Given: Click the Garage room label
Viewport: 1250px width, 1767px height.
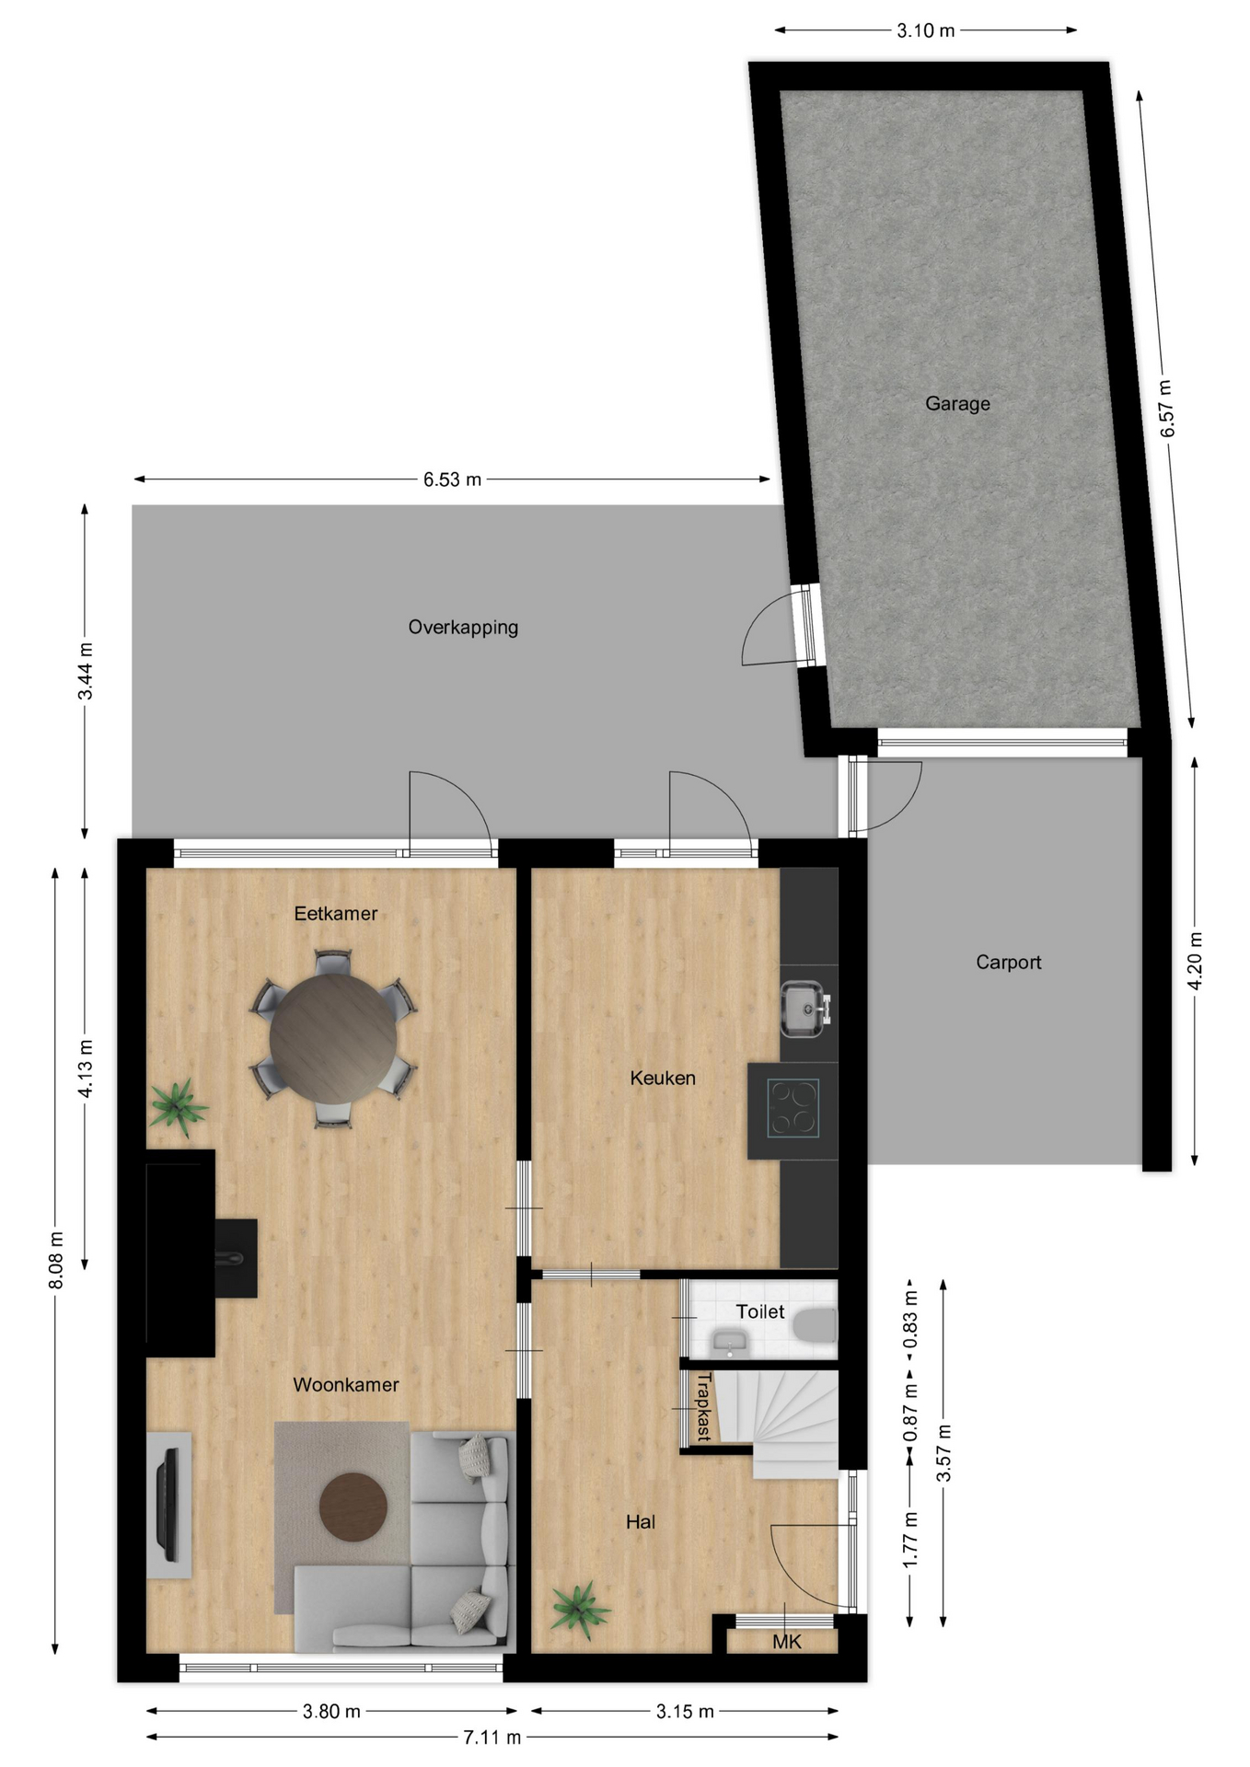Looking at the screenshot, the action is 957,403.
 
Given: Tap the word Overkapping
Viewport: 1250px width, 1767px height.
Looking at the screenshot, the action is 463,627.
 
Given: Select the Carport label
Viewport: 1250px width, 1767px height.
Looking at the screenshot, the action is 1008,962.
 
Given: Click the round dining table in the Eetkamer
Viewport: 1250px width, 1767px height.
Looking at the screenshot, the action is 333,1037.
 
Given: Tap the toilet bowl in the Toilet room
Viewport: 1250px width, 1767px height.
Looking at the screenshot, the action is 816,1326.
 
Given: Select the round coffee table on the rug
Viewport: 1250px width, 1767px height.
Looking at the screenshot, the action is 353,1507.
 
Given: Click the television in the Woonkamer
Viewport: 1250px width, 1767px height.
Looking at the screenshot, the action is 168,1504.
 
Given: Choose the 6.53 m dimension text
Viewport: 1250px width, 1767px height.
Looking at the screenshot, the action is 452,479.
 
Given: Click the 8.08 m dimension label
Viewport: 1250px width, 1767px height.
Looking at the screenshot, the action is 56,1260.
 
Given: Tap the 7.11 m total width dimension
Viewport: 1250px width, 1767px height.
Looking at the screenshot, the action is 492,1738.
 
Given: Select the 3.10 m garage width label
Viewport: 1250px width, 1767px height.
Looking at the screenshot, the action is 926,30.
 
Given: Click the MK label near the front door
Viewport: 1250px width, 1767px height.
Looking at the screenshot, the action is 787,1642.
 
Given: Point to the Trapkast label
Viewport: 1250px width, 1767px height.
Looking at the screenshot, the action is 704,1407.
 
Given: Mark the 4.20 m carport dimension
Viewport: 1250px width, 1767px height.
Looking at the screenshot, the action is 1195,961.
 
